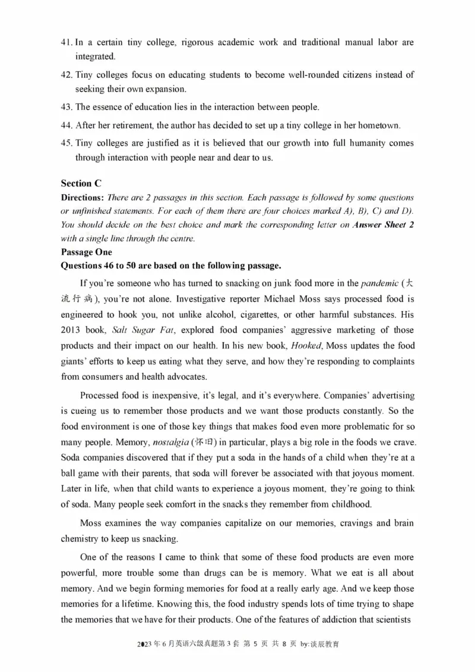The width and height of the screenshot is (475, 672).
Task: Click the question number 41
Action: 66,43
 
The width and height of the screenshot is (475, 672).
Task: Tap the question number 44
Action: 66,125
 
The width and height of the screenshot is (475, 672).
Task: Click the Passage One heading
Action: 86,252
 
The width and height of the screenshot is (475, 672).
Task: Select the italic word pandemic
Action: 379,283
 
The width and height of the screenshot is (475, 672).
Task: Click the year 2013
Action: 72,329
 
